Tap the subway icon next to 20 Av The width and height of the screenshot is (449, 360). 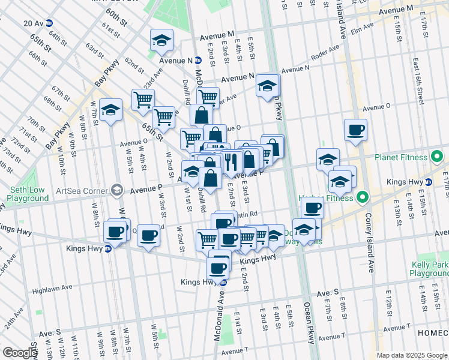tap(49, 23)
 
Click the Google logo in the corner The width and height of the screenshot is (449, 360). tap(20, 353)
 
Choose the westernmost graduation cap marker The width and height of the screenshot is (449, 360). tap(110, 110)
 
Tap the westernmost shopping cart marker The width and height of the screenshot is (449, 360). tap(143, 100)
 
